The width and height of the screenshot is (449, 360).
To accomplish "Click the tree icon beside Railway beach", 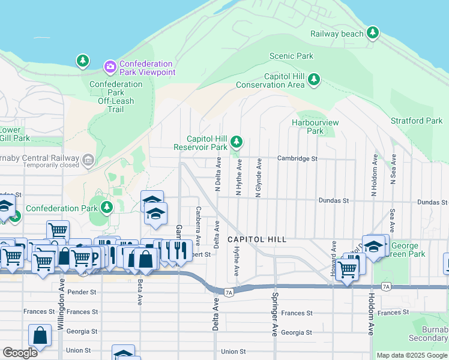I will coord(373,32).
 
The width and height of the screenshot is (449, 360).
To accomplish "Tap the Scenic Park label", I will coord(291,56).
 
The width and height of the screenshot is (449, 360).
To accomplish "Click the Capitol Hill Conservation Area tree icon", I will coord(313,79).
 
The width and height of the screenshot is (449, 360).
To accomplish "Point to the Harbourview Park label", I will coord(315,127).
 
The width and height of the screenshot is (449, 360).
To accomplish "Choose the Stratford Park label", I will coord(416,121).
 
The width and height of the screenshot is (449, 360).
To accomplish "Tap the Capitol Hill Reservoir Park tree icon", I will coord(237,142).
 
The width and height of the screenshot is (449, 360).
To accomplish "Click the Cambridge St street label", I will coord(297,158).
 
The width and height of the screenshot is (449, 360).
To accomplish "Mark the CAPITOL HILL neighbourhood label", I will coord(256,239).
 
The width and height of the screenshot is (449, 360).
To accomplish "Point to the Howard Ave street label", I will coord(332,259).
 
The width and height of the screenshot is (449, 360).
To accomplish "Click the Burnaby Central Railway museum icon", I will coord(88,160).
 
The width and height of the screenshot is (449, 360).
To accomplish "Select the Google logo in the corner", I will coord(20,353).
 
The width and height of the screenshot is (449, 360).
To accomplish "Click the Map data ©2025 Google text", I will coord(411,355).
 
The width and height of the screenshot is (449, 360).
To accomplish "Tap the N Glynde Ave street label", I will coord(259,178).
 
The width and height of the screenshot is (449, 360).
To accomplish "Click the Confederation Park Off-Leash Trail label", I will coord(115,97).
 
